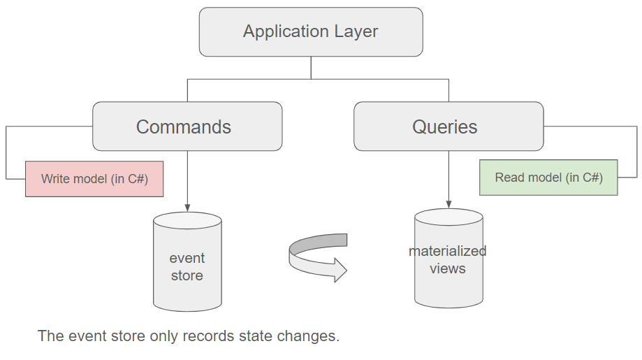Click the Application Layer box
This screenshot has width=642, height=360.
[x=310, y=32]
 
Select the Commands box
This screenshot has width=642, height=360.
[x=187, y=127]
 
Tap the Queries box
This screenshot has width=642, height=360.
[x=448, y=127]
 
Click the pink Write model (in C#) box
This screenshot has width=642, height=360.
[x=94, y=179]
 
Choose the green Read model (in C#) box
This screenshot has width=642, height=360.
[x=548, y=178]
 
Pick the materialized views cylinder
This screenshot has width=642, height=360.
[x=448, y=259]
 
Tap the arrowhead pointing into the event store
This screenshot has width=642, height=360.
[x=187, y=207]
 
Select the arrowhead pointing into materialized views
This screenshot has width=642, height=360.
[x=448, y=203]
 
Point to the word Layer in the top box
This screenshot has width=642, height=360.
[x=356, y=32]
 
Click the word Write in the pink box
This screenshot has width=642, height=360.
[x=56, y=179]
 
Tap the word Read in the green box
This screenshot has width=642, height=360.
[x=509, y=178]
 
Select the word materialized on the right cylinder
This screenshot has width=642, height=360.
[x=448, y=251]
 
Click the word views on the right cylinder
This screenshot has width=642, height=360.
[x=448, y=268]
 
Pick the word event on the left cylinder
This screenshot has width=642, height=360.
[x=187, y=258]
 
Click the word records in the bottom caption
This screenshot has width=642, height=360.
[x=209, y=336]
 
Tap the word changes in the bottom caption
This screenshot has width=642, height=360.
[x=311, y=336]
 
